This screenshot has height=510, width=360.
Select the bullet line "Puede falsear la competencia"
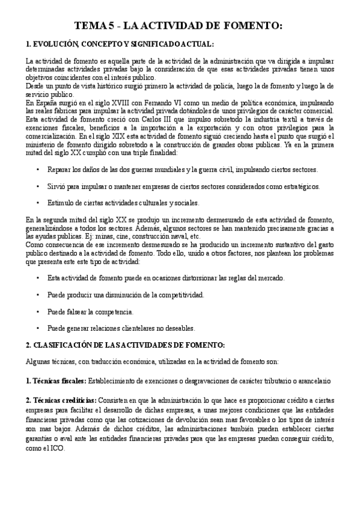[x=90, y=312]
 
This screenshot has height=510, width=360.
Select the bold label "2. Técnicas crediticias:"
[x=61, y=400]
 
